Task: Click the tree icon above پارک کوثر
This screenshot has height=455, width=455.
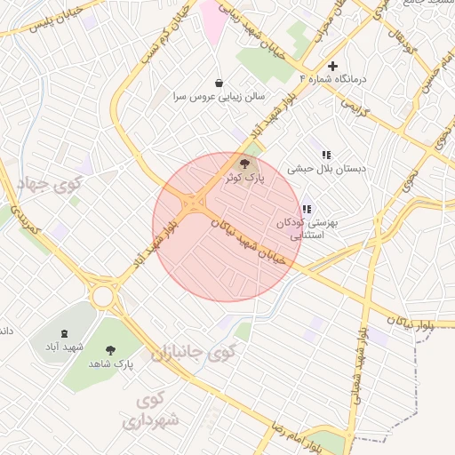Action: click(245, 164)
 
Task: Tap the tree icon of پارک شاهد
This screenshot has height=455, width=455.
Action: click(110, 350)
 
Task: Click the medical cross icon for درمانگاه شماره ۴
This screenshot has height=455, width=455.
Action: click(332, 66)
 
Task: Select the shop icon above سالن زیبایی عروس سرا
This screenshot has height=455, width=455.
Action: click(219, 81)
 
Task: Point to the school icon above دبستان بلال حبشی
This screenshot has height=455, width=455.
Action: click(326, 155)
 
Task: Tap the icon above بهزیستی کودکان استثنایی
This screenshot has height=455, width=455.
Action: click(307, 209)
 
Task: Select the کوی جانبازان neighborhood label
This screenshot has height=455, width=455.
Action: click(192, 354)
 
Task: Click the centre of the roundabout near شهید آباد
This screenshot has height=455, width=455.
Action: click(104, 295)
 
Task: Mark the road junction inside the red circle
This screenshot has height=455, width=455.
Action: click(194, 204)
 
